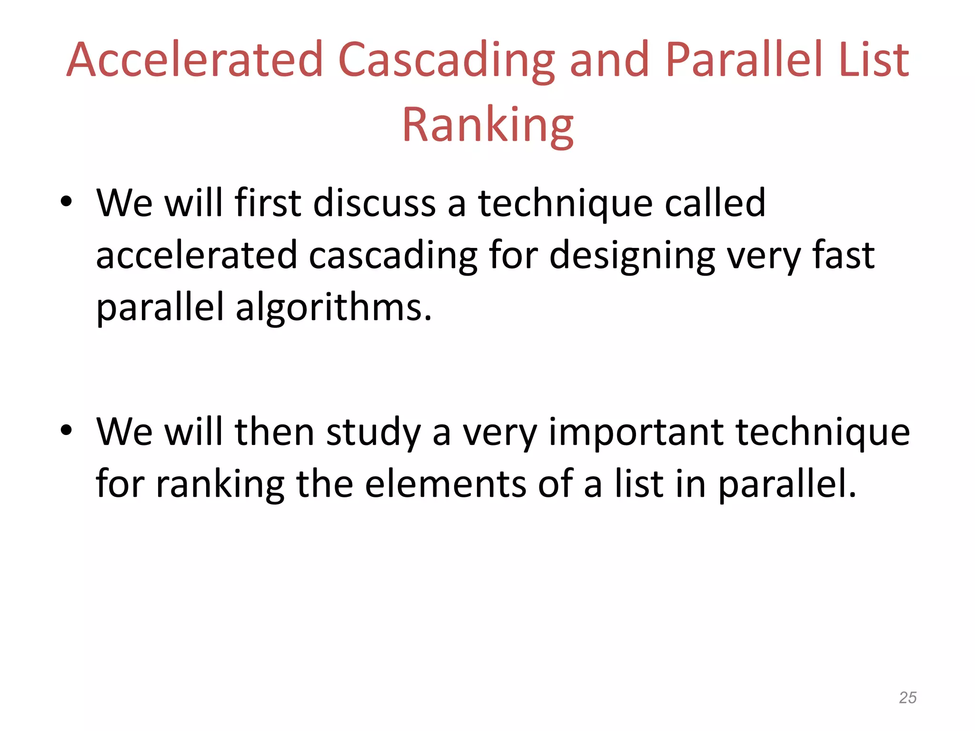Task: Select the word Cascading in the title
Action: pyautogui.click(x=446, y=61)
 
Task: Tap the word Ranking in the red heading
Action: pyautogui.click(x=487, y=125)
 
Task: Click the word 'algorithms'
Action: pyautogui.click(x=333, y=308)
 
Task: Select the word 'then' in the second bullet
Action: pyautogui.click(x=274, y=432)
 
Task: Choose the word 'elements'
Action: pyautogui.click(x=446, y=484)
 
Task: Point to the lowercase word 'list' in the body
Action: pyautogui.click(x=639, y=484)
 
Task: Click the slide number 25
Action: pyautogui.click(x=907, y=698)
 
